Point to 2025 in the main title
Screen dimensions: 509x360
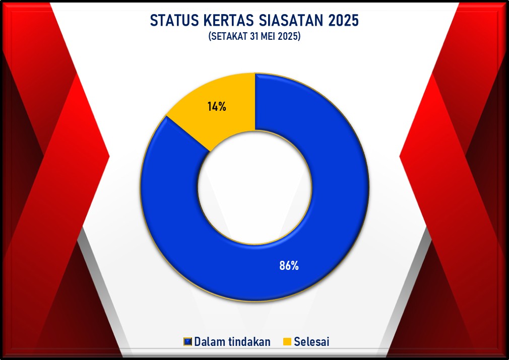[x=344, y=21]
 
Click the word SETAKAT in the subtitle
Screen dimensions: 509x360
[x=229, y=36]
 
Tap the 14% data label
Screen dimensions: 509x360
[x=217, y=106]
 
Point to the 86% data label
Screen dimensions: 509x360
[x=289, y=266]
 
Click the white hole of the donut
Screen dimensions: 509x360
[x=255, y=187]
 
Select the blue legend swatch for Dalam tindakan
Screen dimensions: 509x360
[x=187, y=342]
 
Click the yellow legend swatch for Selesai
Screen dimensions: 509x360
[x=287, y=342]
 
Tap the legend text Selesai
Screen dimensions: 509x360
[x=311, y=342]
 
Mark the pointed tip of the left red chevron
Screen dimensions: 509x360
[x=109, y=157]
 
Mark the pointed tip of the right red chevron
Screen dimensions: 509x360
[x=400, y=157]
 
